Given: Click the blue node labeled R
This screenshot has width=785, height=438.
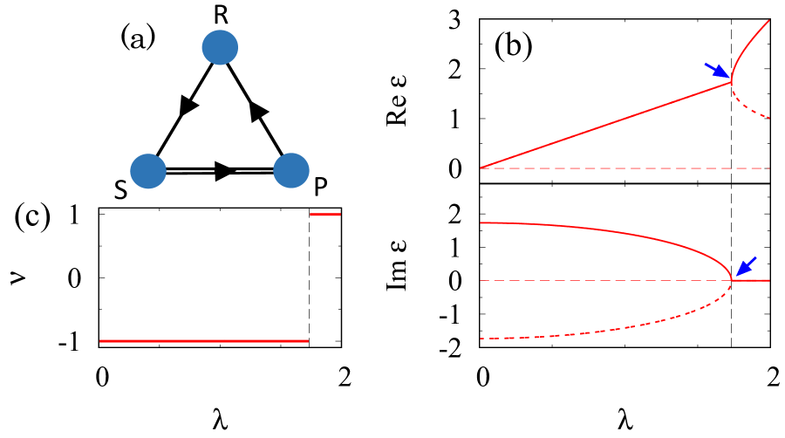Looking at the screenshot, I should tap(220, 48).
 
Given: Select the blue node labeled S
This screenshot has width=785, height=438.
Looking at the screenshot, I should tap(147, 171).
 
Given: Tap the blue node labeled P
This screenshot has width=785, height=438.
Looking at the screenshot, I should tap(291, 171).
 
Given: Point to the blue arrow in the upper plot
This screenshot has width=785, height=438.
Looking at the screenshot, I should tap(714, 71).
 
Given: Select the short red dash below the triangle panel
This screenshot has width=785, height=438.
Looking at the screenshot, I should tap(325, 214).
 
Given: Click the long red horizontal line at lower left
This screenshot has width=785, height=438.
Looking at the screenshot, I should tap(204, 341).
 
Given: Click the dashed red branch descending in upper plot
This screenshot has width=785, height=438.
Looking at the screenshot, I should tap(750, 109).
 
